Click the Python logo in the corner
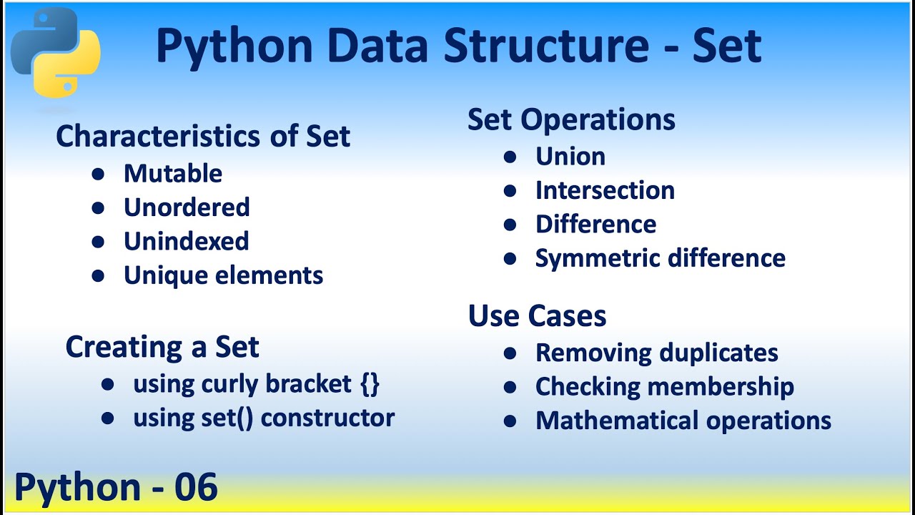point(56,53)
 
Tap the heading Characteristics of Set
point(203,136)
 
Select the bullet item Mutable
point(172,174)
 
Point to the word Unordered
point(187,207)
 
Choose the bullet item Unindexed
point(186,241)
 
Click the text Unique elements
point(223,275)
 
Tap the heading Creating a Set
point(162,347)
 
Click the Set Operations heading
point(571,119)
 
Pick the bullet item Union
point(570,157)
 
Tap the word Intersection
point(605,190)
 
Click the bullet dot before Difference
point(510,225)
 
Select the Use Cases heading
point(537,316)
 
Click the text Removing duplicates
point(656,353)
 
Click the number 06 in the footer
point(195,488)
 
